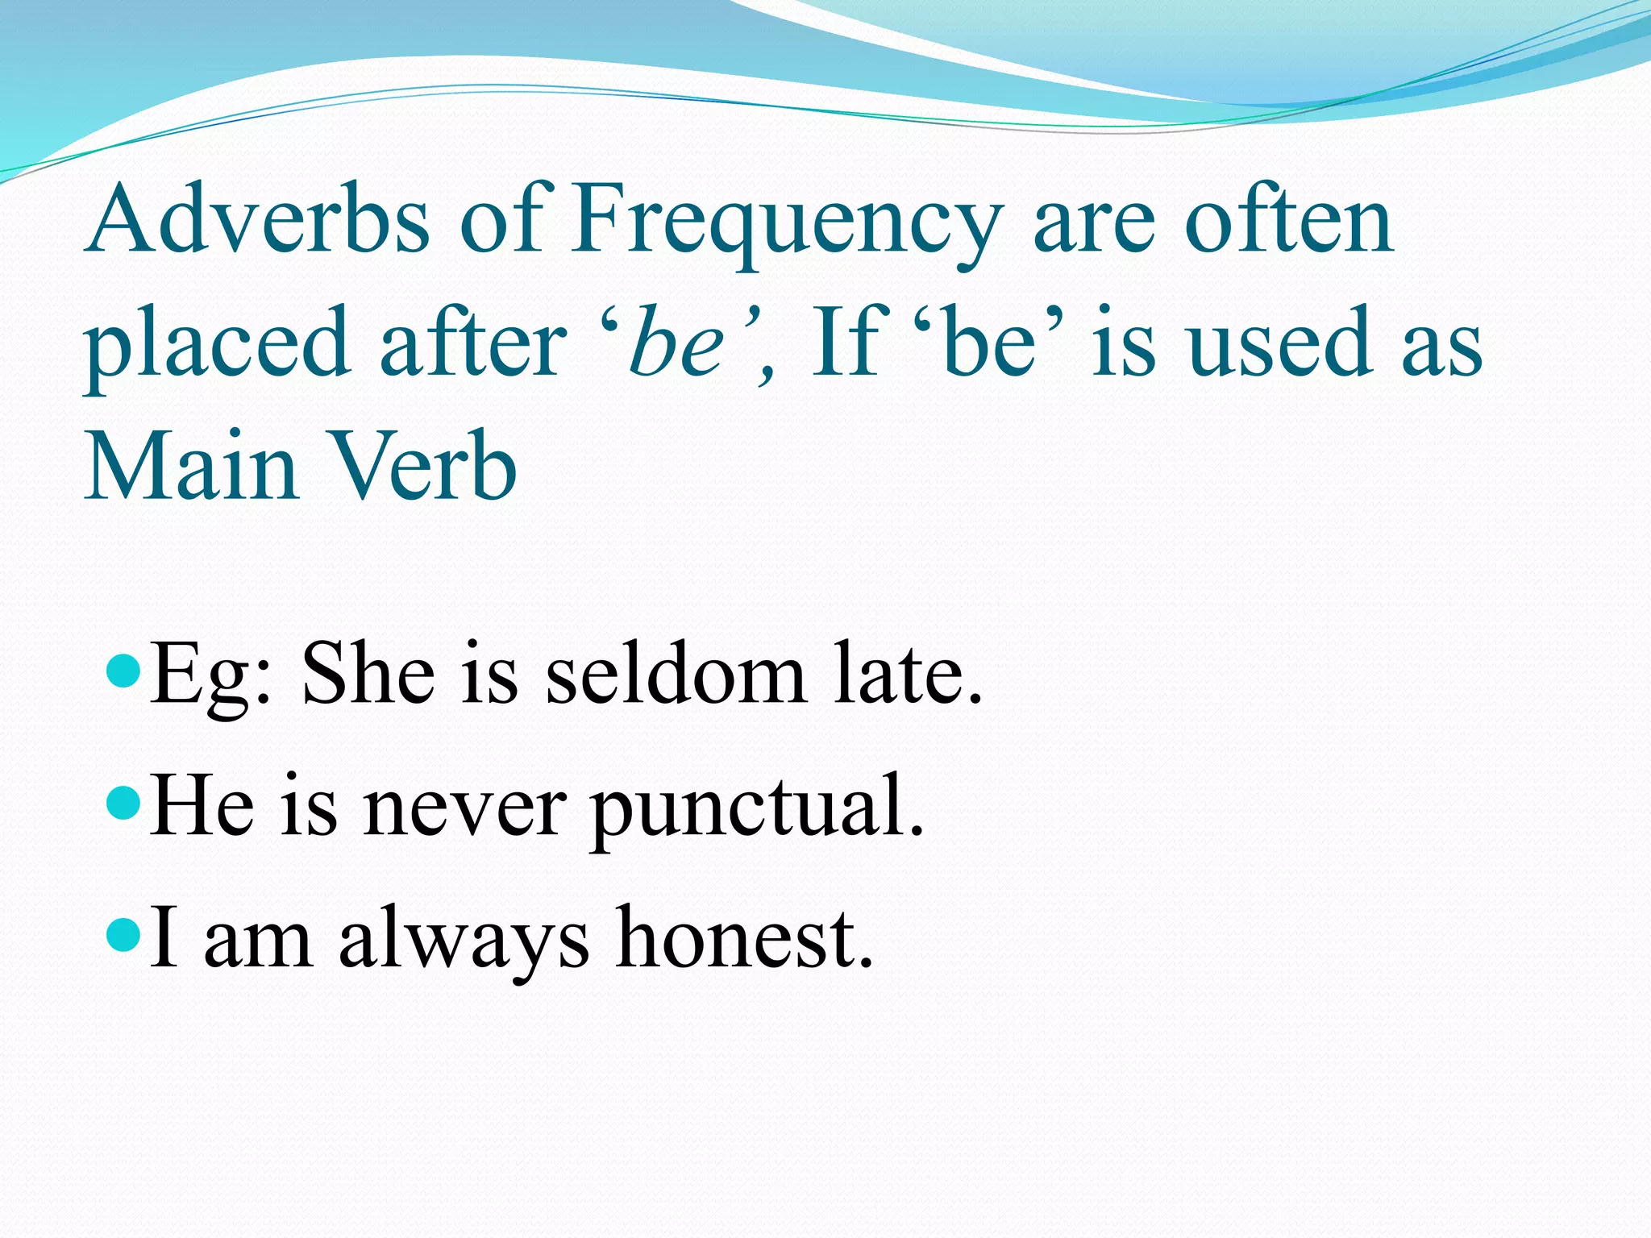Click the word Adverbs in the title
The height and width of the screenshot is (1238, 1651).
click(x=258, y=219)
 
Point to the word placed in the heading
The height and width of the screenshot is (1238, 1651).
click(x=218, y=345)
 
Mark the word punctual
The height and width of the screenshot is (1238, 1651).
click(x=756, y=809)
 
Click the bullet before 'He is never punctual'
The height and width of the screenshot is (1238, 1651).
click(x=123, y=803)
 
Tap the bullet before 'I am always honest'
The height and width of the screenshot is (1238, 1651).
click(x=123, y=935)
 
